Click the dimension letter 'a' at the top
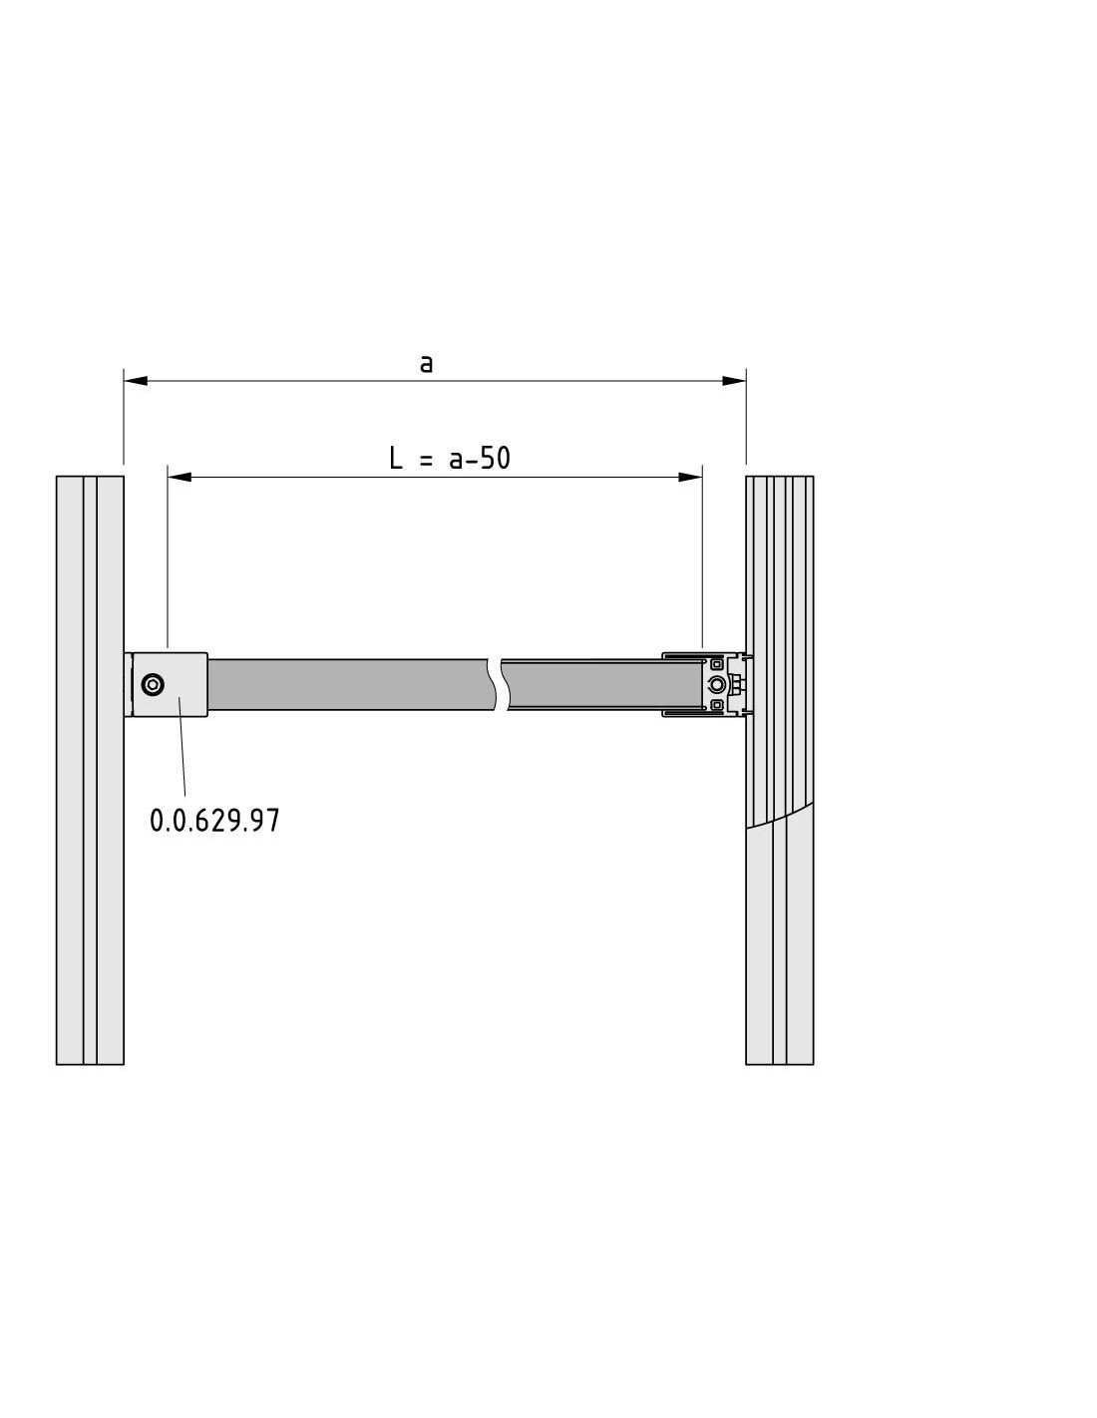tap(426, 363)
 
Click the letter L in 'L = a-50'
tap(396, 458)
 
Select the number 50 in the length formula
tap(496, 458)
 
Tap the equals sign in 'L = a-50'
tap(426, 460)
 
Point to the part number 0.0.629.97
tap(214, 821)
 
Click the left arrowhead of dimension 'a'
tap(136, 381)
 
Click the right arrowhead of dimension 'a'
tap(734, 381)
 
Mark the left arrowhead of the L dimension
tap(180, 477)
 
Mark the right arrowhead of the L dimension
tap(690, 477)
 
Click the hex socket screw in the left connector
tap(153, 684)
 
